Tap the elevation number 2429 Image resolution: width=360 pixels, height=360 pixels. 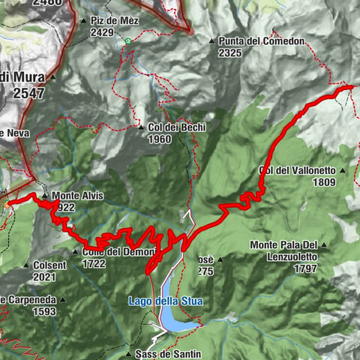(x=101, y=33)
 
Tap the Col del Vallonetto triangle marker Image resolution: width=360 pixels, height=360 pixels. (x=341, y=170)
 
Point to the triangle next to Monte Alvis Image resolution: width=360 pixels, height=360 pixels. (x=45, y=196)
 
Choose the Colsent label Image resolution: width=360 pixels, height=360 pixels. (x=49, y=265)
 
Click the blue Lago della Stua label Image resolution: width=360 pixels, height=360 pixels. (x=165, y=301)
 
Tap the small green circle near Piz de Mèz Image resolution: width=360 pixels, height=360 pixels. (x=128, y=40)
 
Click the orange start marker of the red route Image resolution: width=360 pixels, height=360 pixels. (x=7, y=203)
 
